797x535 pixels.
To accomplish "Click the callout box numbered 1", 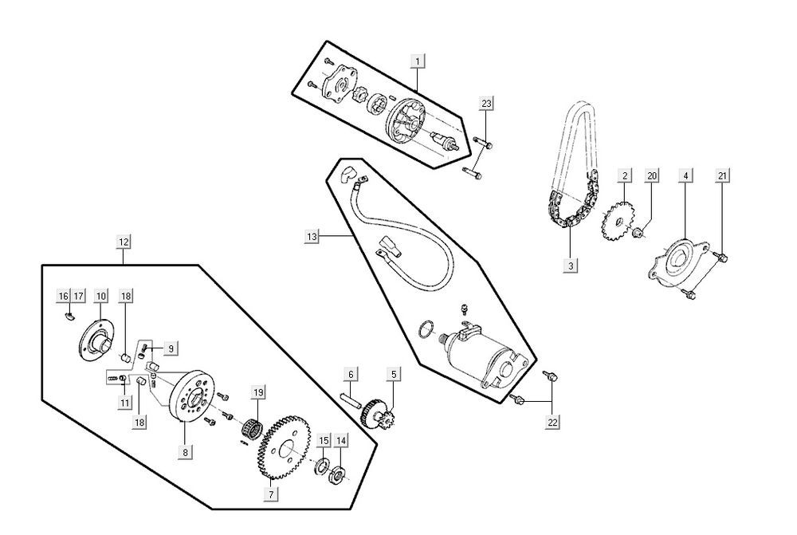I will tap(417, 61).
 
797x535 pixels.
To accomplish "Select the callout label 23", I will tap(486, 103).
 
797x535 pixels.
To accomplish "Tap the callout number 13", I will tap(312, 236).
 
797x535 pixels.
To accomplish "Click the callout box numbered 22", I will tap(552, 422).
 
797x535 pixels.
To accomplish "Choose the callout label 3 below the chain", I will tap(571, 264).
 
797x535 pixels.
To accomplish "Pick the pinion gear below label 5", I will tap(378, 415).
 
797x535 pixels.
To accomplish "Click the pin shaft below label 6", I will tap(350, 400).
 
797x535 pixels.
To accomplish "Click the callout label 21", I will tap(722, 176).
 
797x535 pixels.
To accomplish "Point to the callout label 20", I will tap(651, 175).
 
